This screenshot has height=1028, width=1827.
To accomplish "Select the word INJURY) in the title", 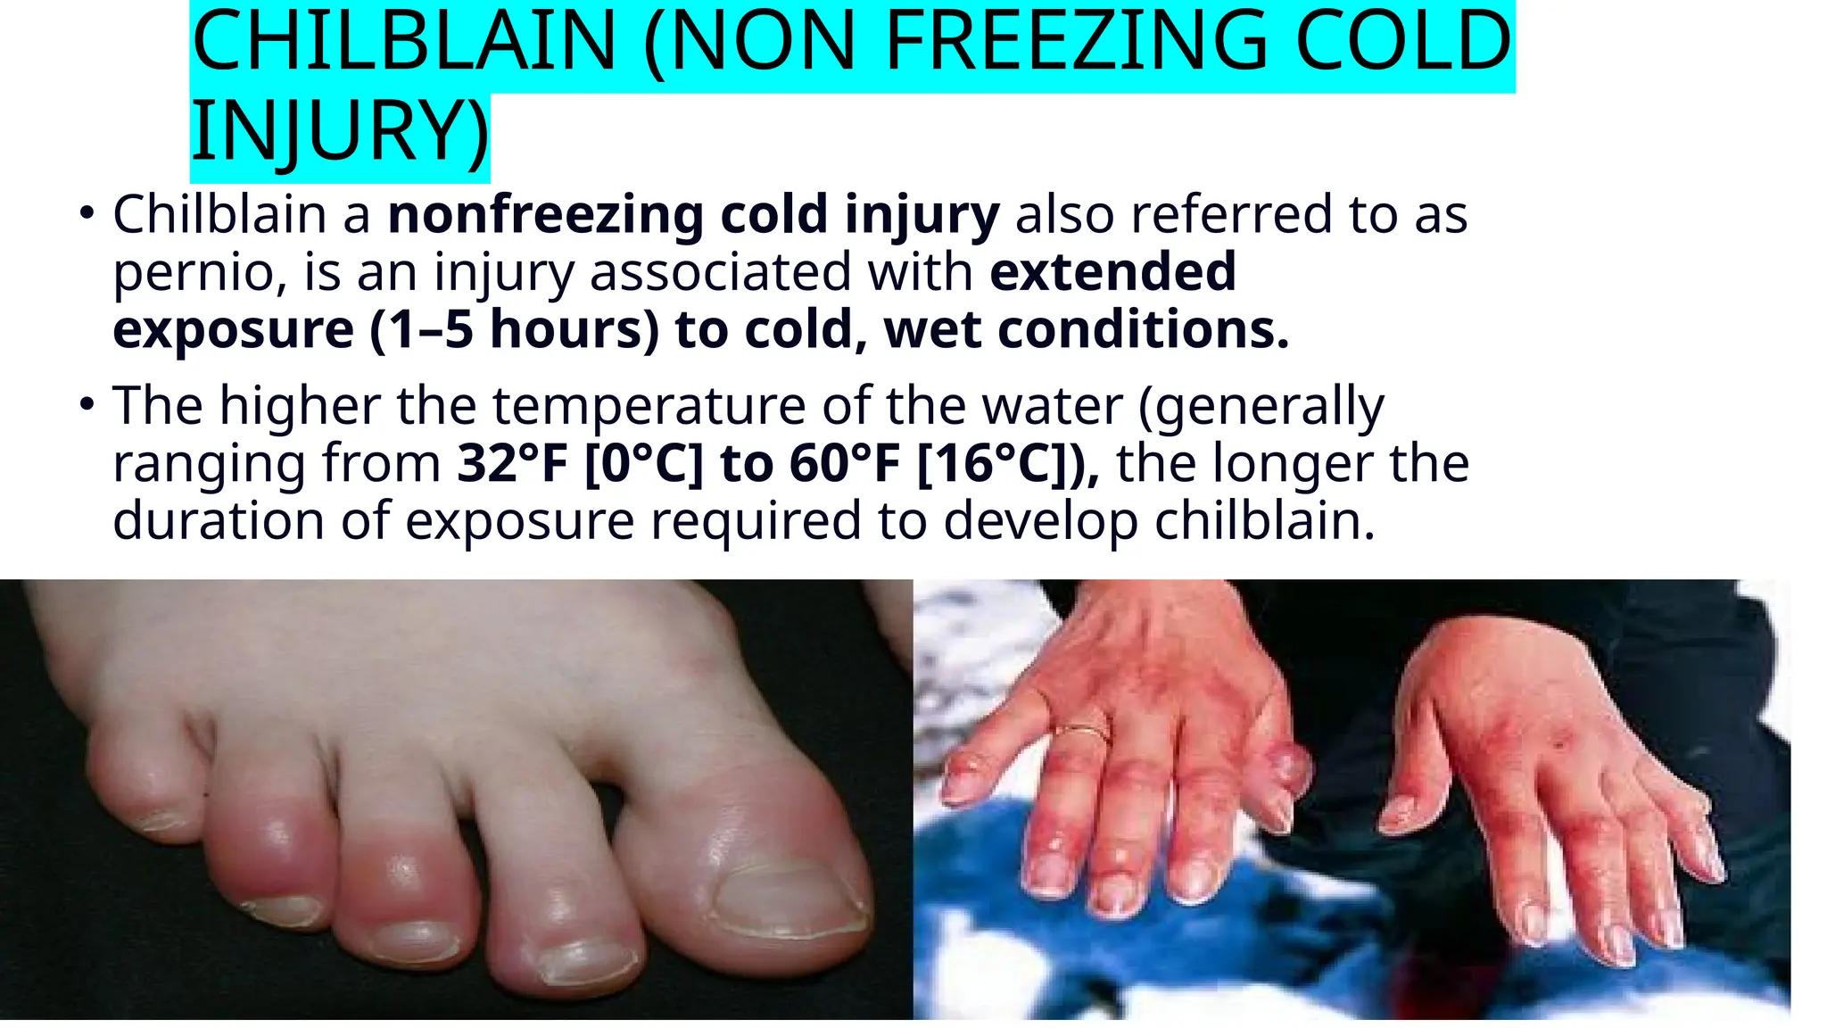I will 340,132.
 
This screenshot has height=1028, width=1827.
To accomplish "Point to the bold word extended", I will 1112,271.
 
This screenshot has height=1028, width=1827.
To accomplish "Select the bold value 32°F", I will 512,463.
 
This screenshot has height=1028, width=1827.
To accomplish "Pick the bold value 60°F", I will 844,463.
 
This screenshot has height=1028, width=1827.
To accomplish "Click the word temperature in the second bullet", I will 649,406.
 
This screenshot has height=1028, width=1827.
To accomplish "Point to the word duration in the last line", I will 218,520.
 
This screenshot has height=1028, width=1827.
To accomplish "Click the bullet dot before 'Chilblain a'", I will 87,214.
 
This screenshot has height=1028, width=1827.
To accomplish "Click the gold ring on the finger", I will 1082,733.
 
